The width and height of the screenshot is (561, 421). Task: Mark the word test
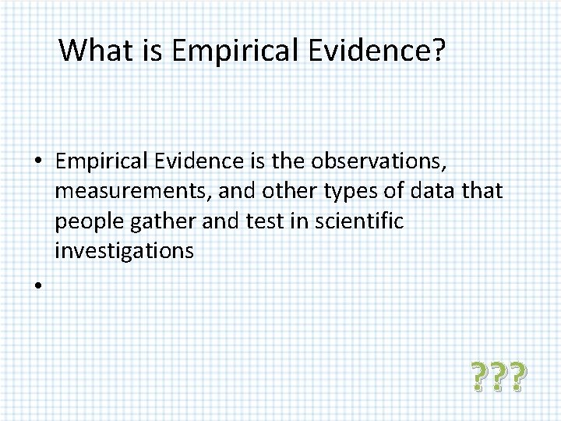tap(242, 222)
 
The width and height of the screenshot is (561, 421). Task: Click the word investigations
tap(123, 252)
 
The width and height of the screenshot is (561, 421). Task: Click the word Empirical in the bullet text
tap(99, 162)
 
